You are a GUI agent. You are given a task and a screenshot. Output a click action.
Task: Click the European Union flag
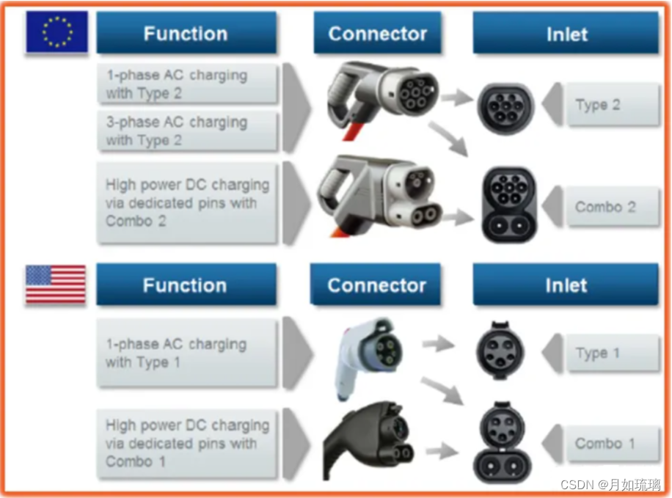[x=57, y=32]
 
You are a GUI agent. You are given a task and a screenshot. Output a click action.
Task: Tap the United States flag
[x=56, y=285]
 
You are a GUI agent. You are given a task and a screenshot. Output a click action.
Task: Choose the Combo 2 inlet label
[x=605, y=207]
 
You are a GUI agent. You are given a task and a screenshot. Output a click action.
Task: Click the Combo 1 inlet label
[x=605, y=444]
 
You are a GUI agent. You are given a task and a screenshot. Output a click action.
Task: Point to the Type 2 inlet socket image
[x=505, y=108]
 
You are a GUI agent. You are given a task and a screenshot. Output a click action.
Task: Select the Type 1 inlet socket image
[x=500, y=351]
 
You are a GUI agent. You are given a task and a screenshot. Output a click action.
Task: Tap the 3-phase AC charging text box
[x=188, y=131]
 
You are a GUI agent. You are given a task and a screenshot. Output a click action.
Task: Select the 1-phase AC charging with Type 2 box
[x=188, y=84]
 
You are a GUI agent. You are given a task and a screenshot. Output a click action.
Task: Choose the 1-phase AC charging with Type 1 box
[x=186, y=353]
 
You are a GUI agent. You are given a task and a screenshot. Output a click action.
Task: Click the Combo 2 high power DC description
[x=188, y=202]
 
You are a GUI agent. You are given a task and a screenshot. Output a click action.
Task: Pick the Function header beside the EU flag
[x=186, y=33]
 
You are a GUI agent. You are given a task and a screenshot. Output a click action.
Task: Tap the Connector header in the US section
[x=376, y=285]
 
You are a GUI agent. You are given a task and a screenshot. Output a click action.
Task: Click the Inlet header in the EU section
[x=566, y=33]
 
